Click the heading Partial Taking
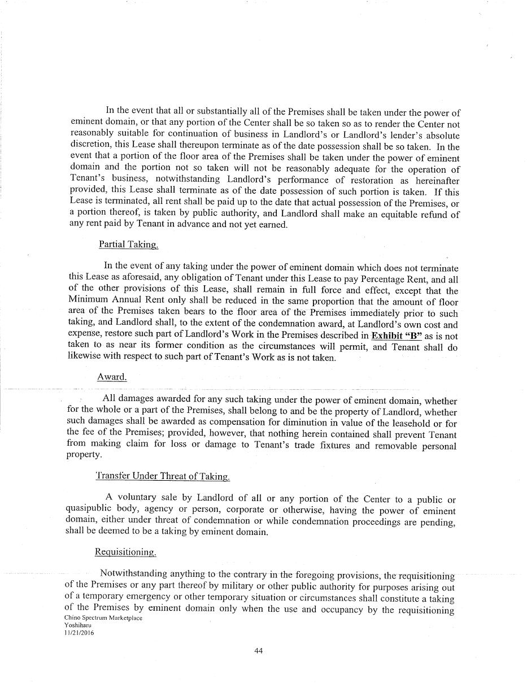[128, 244]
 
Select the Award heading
[112, 377]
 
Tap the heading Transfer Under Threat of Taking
[163, 476]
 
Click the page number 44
[259, 650]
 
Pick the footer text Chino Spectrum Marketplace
[103, 617]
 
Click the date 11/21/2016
[79, 633]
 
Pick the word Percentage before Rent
[384, 279]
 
